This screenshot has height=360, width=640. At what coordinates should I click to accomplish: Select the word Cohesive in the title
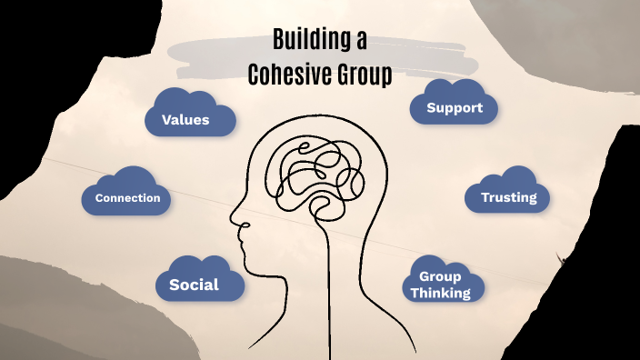(x=292, y=75)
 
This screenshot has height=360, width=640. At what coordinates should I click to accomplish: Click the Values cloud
(x=185, y=119)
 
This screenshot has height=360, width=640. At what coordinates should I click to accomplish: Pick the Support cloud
(x=454, y=108)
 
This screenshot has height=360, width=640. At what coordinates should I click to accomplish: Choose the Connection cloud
(x=127, y=197)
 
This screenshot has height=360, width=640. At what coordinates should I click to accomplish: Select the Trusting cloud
(x=508, y=196)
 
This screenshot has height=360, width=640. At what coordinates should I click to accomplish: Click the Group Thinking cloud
(x=440, y=285)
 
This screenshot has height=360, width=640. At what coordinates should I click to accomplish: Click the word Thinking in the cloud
(x=440, y=293)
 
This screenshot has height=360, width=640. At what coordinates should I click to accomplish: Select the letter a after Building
(x=361, y=41)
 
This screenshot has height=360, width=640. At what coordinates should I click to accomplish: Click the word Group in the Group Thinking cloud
(x=440, y=276)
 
